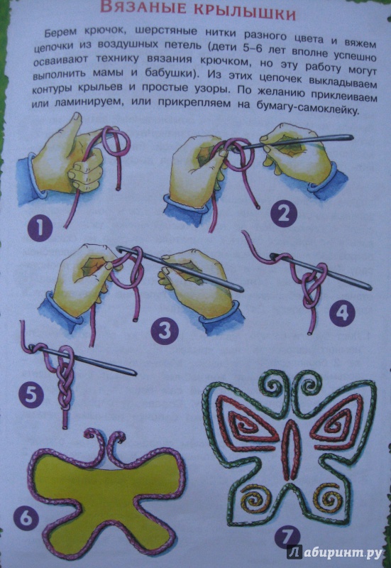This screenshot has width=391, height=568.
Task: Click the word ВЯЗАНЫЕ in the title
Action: coord(143,8)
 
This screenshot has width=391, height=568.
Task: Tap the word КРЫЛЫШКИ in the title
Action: coord(246,12)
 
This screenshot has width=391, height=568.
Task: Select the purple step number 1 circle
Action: coord(40,229)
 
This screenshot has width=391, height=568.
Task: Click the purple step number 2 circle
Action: coord(283,214)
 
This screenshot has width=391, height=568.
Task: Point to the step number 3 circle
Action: coord(165,331)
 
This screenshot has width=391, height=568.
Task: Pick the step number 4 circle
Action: coord(342,312)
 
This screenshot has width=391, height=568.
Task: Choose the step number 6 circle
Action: coord(26,518)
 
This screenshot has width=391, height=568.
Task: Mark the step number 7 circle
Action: coord(287,537)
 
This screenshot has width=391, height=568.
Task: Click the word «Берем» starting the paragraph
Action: coord(61,32)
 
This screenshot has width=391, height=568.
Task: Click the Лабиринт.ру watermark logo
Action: coord(335,552)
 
